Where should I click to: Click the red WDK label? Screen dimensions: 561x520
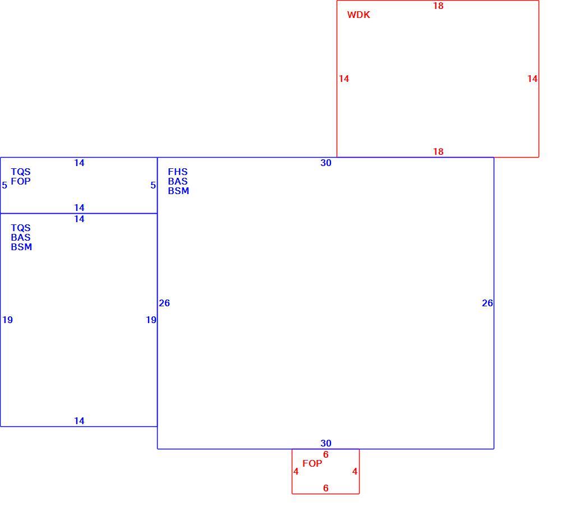click(x=358, y=15)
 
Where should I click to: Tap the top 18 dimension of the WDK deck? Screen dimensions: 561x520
click(x=438, y=6)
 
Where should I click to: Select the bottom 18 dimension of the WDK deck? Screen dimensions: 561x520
click(x=438, y=151)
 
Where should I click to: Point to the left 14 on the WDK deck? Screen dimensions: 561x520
click(x=344, y=79)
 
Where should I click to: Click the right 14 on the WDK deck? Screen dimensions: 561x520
click(x=532, y=79)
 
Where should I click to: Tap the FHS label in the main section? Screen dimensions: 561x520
click(x=178, y=172)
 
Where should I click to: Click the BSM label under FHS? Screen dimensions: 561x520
click(x=178, y=191)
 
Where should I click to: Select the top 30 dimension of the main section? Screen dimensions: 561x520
click(x=326, y=163)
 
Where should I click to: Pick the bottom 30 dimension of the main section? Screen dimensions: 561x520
click(x=326, y=443)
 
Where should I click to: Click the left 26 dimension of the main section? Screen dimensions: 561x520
click(x=164, y=303)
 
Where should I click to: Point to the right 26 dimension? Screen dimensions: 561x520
click(x=488, y=303)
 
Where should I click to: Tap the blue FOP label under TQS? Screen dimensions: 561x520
click(x=21, y=181)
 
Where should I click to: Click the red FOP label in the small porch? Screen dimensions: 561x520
click(x=312, y=463)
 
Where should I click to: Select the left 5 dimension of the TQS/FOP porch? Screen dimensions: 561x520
click(x=4, y=185)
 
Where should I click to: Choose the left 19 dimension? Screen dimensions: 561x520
click(x=7, y=320)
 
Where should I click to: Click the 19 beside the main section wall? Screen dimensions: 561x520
click(x=151, y=320)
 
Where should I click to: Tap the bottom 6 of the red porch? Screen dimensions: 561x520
click(x=325, y=488)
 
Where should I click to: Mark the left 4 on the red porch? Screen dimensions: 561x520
click(x=296, y=471)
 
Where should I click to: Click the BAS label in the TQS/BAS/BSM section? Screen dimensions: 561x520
click(x=21, y=237)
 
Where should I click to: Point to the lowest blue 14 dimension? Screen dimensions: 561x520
click(x=79, y=421)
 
